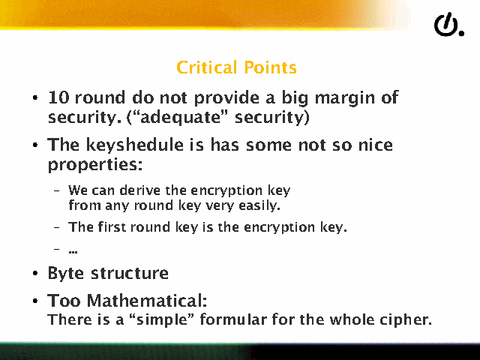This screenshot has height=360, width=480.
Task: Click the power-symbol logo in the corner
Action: pyautogui.click(x=448, y=25)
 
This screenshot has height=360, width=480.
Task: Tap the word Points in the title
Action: pyautogui.click(x=270, y=67)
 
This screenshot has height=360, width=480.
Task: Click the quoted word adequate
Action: pyautogui.click(x=181, y=118)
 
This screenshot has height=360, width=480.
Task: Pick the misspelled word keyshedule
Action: pyautogui.click(x=134, y=145)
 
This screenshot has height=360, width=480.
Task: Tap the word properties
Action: pyautogui.click(x=95, y=166)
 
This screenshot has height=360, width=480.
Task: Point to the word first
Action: pyautogui.click(x=112, y=227)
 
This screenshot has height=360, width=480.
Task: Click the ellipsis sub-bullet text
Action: pyautogui.click(x=73, y=252)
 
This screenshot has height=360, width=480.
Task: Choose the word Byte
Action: pyautogui.click(x=65, y=273)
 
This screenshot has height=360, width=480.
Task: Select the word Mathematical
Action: pyautogui.click(x=147, y=301)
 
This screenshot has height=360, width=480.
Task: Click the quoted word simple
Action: pyautogui.click(x=163, y=320)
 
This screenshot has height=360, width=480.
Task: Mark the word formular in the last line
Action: pyautogui.click(x=233, y=319)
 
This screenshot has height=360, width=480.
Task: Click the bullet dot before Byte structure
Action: pyautogui.click(x=35, y=273)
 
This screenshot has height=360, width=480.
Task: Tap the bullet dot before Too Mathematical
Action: pyautogui.click(x=35, y=301)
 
